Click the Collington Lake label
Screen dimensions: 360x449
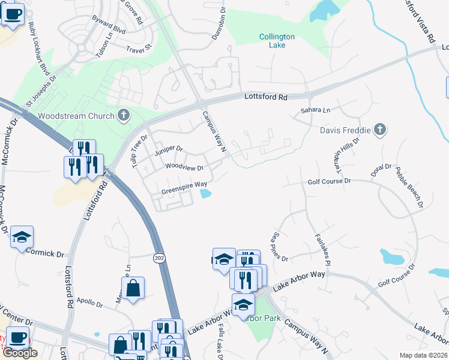(x=277, y=41)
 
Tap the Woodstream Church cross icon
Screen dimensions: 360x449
(x=124, y=115)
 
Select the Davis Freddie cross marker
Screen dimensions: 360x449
(x=379, y=129)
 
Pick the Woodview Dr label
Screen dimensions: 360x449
(x=184, y=167)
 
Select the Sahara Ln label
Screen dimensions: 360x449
(x=315, y=110)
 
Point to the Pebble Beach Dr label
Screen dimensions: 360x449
(x=409, y=188)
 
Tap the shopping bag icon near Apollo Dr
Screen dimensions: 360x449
(x=133, y=289)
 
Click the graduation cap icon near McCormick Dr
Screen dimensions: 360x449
(x=22, y=238)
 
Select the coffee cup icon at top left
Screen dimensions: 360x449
(x=13, y=13)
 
